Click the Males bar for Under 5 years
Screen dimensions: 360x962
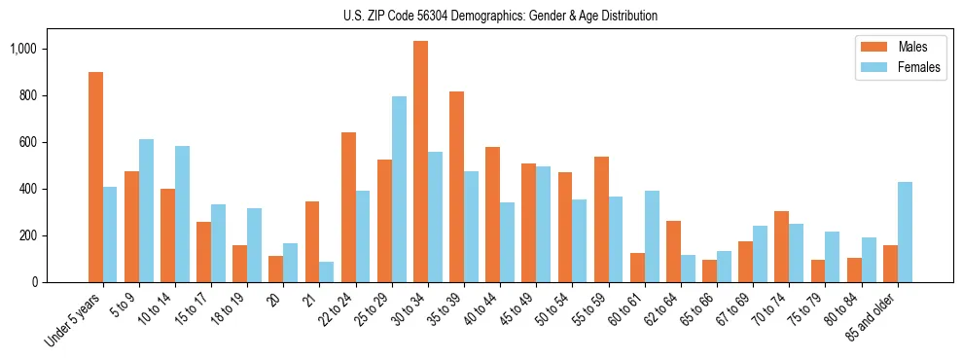click(95, 177)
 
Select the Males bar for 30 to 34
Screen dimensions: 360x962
click(420, 162)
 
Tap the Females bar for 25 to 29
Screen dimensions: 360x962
click(399, 189)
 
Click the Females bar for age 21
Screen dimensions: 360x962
click(327, 271)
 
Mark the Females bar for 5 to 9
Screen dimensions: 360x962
click(146, 210)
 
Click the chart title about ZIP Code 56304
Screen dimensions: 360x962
click(500, 16)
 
